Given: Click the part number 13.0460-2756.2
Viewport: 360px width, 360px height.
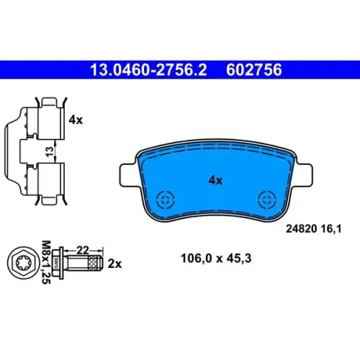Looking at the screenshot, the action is (x=148, y=70).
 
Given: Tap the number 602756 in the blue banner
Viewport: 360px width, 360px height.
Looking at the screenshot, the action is (x=254, y=70).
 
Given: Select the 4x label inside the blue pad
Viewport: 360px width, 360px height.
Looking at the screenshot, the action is (x=215, y=181).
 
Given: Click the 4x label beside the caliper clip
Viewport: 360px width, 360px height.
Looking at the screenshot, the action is (x=76, y=120).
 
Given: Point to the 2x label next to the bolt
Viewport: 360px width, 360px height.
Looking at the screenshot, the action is (x=114, y=264).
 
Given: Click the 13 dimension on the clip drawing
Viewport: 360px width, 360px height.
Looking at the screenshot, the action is (x=49, y=152).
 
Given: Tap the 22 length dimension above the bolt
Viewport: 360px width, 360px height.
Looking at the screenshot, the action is (x=83, y=251).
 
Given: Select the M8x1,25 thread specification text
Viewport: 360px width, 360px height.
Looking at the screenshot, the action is (x=46, y=262).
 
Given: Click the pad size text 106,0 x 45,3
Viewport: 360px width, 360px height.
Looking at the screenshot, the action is (x=216, y=258).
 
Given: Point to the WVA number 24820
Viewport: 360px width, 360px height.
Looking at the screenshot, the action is (x=302, y=229).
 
